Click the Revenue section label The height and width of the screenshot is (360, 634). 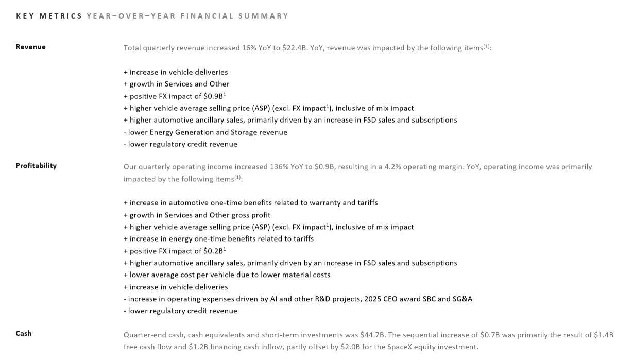pos(30,47)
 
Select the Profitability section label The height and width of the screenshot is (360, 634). pos(36,166)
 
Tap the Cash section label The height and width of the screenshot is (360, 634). pos(24,333)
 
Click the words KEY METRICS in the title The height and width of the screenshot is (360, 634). pos(49,16)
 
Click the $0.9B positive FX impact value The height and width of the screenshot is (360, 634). pos(214,96)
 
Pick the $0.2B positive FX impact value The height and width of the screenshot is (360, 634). pos(214,251)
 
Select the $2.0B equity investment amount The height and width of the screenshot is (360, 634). pos(350,347)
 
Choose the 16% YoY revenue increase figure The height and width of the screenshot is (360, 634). pos(249,48)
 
